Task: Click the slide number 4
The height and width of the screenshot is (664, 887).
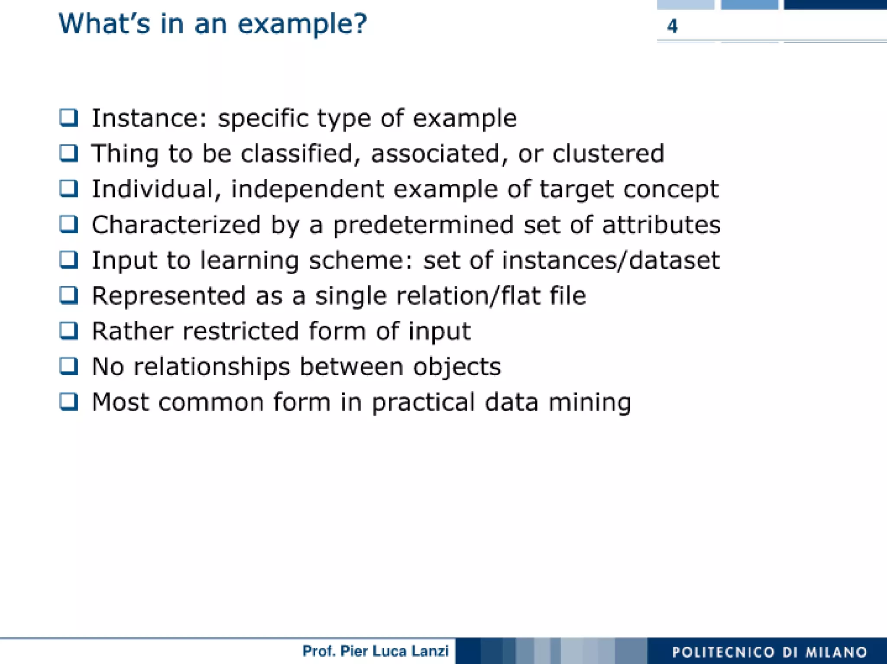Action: pyautogui.click(x=672, y=26)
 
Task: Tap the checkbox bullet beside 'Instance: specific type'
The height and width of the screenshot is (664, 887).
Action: pyautogui.click(x=69, y=118)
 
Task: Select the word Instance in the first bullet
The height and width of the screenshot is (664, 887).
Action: pyautogui.click(x=149, y=118)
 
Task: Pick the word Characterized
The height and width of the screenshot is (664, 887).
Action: pyautogui.click(x=176, y=225)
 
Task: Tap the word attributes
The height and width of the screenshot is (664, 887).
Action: pyautogui.click(x=661, y=225)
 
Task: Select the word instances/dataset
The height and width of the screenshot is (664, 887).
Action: pyautogui.click(x=611, y=261)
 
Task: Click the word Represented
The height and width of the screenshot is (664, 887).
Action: pyautogui.click(x=168, y=296)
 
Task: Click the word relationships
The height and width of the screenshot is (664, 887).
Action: pyautogui.click(x=211, y=367)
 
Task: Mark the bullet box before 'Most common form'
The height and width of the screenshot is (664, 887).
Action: pyautogui.click(x=69, y=401)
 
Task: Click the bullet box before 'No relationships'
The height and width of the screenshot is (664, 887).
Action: pyautogui.click(x=69, y=366)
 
